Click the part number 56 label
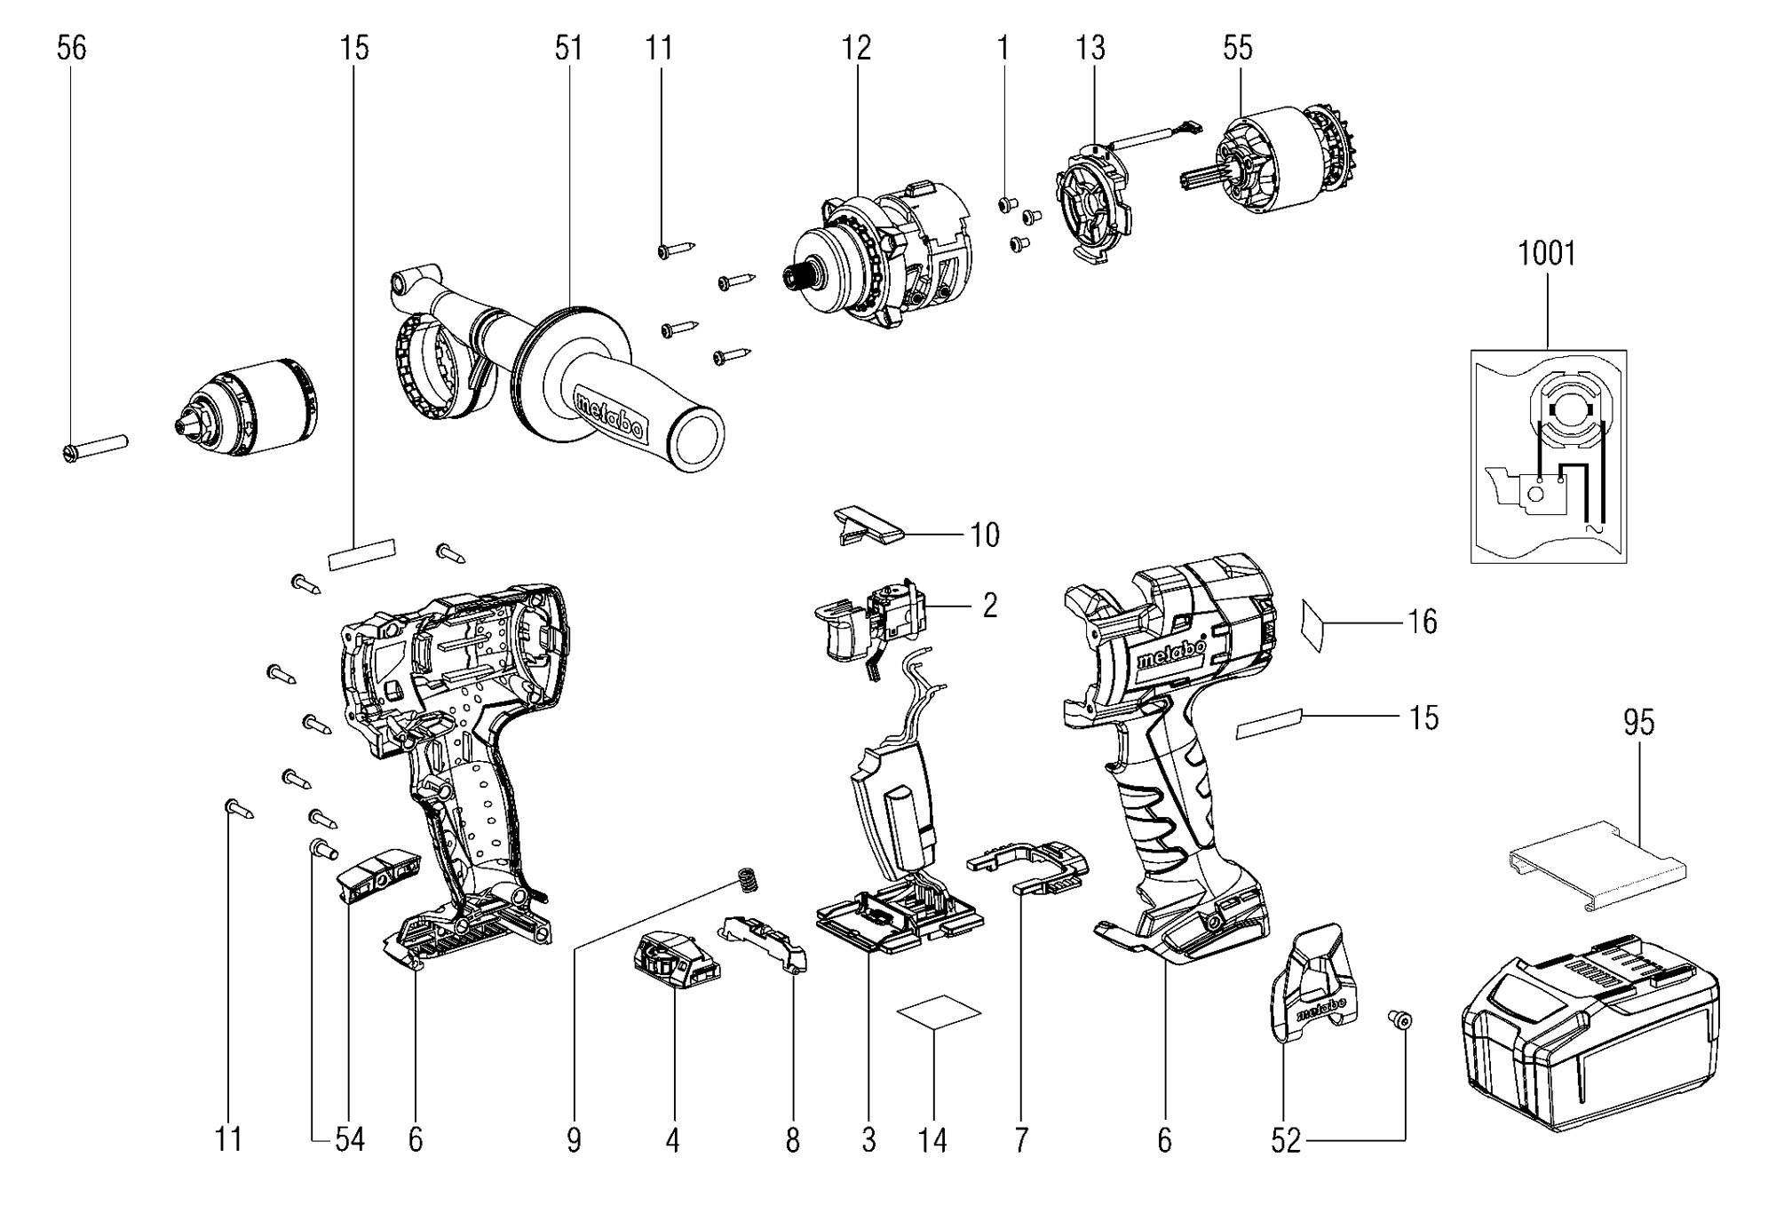coord(72,48)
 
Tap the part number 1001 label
coord(1547,254)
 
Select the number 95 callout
coord(1638,723)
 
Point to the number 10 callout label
coord(985,535)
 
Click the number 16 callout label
coord(1423,622)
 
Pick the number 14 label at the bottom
coord(932,1140)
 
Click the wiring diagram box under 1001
coord(1549,456)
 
